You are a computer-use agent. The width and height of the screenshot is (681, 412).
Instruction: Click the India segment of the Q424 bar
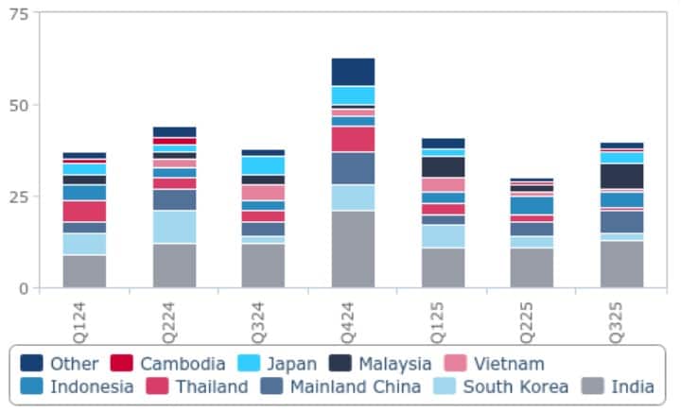pyautogui.click(x=353, y=249)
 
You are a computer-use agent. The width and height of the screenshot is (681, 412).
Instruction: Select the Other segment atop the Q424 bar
pyautogui.click(x=353, y=72)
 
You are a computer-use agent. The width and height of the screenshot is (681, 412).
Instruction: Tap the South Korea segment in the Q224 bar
pyautogui.click(x=174, y=227)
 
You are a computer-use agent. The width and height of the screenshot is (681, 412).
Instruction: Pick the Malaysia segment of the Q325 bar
pyautogui.click(x=621, y=176)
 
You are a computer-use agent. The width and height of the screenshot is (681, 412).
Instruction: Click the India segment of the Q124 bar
pyautogui.click(x=84, y=271)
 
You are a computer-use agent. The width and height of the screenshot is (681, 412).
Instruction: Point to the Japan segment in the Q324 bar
pyautogui.click(x=264, y=165)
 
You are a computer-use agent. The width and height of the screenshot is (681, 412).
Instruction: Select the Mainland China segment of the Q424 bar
pyautogui.click(x=353, y=168)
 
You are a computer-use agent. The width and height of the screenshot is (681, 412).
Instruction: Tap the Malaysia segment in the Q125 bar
pyautogui.click(x=443, y=166)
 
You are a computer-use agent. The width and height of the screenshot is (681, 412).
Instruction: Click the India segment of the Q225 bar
pyautogui.click(x=532, y=267)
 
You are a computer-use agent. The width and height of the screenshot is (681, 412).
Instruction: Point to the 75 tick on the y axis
pyautogui.click(x=19, y=14)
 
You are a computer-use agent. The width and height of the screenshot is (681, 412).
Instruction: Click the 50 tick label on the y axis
pyautogui.click(x=19, y=105)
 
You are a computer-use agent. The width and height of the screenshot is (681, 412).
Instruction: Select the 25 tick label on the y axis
pyautogui.click(x=19, y=197)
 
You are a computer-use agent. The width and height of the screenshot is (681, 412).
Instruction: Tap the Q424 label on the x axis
pyautogui.click(x=353, y=320)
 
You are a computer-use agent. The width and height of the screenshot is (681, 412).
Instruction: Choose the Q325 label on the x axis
pyautogui.click(x=621, y=320)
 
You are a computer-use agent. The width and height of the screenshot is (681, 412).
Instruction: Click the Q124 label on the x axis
pyautogui.click(x=84, y=320)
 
